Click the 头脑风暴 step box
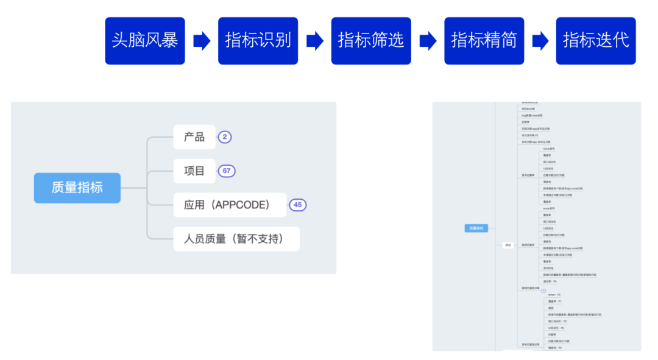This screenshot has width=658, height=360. click(145, 41)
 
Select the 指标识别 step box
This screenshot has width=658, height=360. click(258, 41)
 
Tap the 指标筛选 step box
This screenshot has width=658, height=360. click(371, 41)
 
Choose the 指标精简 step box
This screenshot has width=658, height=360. click(484, 41)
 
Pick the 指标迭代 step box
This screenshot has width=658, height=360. click(596, 41)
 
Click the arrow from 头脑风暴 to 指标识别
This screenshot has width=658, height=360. click(202, 41)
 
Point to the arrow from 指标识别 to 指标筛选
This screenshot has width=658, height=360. click(314, 41)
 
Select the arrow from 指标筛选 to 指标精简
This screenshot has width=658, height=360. click(428, 41)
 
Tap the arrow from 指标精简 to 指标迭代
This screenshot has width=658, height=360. click(540, 41)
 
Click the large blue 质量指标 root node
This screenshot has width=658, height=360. click(77, 188)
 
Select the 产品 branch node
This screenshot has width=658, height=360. click(194, 137)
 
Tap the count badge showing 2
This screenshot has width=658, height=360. click(225, 137)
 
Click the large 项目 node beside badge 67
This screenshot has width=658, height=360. click(194, 171)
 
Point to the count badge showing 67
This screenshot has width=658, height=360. click(227, 171)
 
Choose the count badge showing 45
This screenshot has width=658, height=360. click(297, 205)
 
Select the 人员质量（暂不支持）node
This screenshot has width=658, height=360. click(236, 239)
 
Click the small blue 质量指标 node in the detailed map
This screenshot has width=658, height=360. click(476, 228)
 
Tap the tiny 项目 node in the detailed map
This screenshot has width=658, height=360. click(508, 245)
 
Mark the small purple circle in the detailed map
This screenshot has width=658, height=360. click(543, 291)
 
